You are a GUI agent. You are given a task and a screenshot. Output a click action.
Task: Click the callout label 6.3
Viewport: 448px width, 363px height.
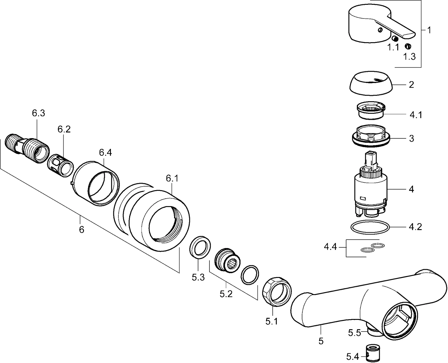pyautogui.click(x=38, y=113)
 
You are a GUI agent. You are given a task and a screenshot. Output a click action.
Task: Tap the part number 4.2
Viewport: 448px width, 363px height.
pyautogui.click(x=415, y=227)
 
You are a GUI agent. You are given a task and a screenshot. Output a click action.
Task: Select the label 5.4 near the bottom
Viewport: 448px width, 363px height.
pyautogui.click(x=352, y=357)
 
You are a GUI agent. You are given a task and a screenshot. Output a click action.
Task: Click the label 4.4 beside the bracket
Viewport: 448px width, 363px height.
pyautogui.click(x=330, y=247)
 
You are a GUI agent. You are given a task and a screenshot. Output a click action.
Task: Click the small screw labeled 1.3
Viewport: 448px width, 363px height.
pyautogui.click(x=408, y=46)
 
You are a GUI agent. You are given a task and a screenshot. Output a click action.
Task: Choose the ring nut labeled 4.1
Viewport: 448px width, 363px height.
pyautogui.click(x=370, y=110)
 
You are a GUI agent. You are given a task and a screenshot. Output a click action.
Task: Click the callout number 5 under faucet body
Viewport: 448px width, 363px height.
pyautogui.click(x=321, y=341)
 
